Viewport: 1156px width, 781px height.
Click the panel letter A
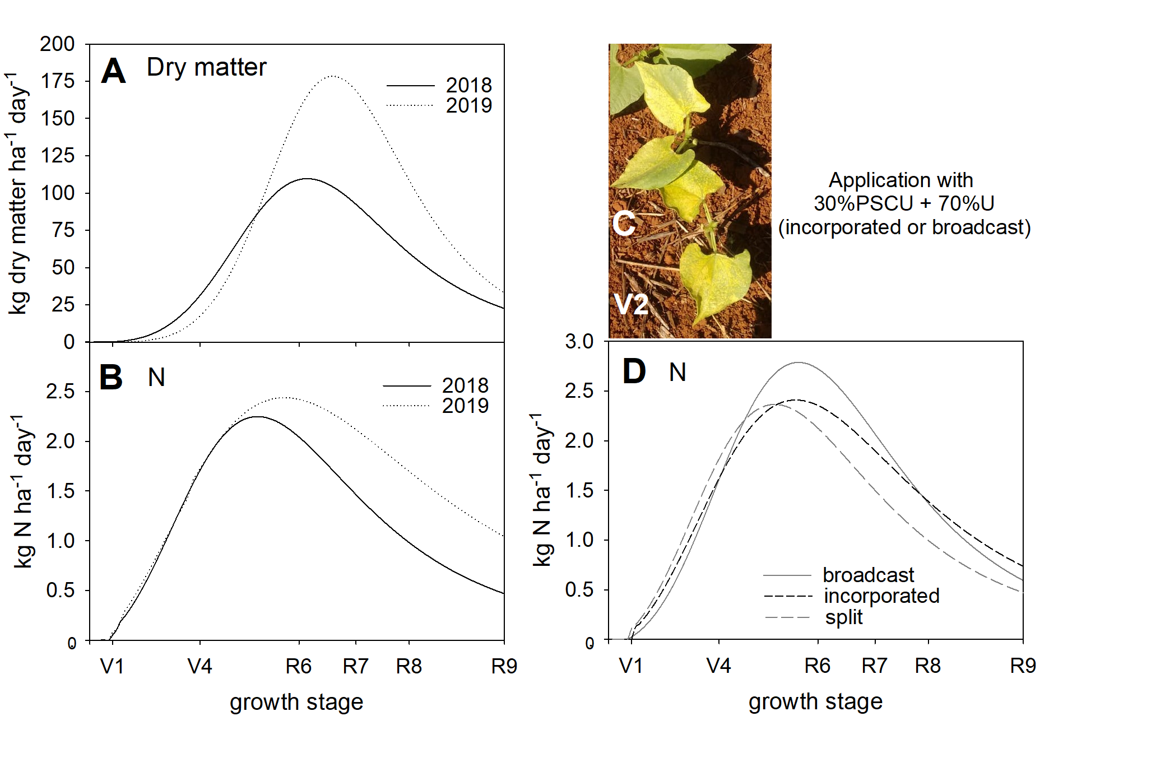pyautogui.click(x=113, y=72)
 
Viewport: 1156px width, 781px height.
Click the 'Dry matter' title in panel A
pyautogui.click(x=206, y=67)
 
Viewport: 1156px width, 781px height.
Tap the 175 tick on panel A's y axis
pyautogui.click(x=58, y=81)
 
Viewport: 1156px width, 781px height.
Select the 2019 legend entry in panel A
pyautogui.click(x=468, y=105)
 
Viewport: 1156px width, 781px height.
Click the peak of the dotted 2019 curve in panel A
pyautogui.click(x=332, y=76)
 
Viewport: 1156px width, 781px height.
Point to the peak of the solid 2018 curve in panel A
pyautogui.click(x=307, y=179)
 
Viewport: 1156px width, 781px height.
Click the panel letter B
pyautogui.click(x=111, y=378)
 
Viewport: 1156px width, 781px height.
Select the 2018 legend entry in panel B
pyautogui.click(x=465, y=385)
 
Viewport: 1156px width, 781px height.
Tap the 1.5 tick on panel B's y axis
pyautogui.click(x=61, y=491)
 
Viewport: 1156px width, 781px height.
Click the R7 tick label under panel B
pyautogui.click(x=356, y=667)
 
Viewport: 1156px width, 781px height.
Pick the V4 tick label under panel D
pyautogui.click(x=718, y=666)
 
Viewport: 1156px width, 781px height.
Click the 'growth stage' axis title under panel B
pyautogui.click(x=296, y=702)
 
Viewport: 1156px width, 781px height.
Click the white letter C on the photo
pyautogui.click(x=624, y=224)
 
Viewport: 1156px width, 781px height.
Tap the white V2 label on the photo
pyautogui.click(x=631, y=305)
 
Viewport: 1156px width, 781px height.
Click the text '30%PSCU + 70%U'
pyautogui.click(x=904, y=203)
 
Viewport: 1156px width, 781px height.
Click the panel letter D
pyautogui.click(x=634, y=372)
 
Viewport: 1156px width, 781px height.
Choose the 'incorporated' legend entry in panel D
pyautogui.click(x=881, y=596)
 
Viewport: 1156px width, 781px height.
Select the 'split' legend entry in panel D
pyautogui.click(x=843, y=617)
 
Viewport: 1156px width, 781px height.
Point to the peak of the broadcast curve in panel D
pyautogui.click(x=798, y=362)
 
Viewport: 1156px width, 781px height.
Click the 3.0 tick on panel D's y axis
pyautogui.click(x=579, y=341)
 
